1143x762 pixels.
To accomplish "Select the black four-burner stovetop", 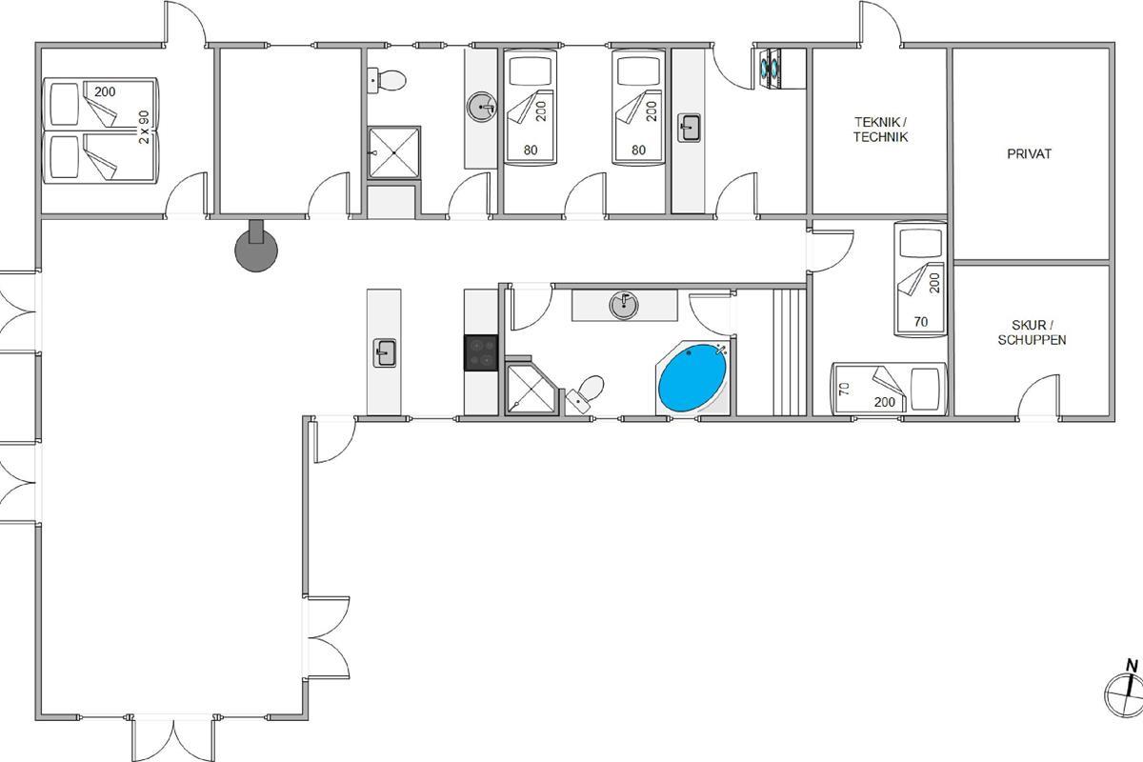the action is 481,352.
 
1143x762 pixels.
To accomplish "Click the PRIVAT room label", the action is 1029,153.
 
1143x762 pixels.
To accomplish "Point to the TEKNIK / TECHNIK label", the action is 881,130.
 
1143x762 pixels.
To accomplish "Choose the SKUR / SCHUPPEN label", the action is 1032,332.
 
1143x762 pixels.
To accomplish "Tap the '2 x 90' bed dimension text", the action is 145,127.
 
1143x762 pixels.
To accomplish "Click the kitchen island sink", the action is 384,352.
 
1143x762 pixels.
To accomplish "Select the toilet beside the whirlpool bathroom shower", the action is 586,393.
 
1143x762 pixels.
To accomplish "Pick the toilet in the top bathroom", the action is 387,80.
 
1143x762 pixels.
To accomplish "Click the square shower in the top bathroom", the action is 394,152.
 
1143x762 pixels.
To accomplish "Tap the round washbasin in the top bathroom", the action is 482,107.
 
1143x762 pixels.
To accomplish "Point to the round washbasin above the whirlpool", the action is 624,305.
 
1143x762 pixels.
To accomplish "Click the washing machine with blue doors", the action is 771,69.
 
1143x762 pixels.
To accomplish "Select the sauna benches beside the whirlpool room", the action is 789,352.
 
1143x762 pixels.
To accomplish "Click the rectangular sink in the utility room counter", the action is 689,128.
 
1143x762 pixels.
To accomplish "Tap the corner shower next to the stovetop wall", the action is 531,388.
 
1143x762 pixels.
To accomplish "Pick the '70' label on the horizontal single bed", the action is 845,390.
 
